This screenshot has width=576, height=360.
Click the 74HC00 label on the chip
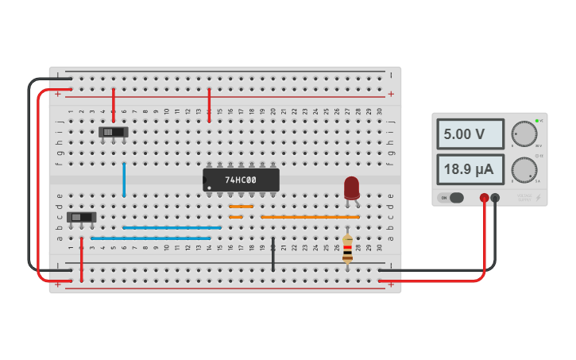click(x=241, y=180)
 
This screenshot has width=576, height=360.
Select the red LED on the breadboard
click(x=351, y=188)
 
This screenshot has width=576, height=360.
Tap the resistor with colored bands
click(x=347, y=249)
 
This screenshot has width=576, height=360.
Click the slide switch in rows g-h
click(x=113, y=132)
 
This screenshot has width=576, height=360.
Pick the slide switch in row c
click(x=81, y=217)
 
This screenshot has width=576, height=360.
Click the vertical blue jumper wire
click(x=124, y=179)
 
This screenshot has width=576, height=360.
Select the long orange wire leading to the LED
click(x=310, y=217)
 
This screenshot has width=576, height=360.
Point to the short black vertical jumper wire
click(x=273, y=254)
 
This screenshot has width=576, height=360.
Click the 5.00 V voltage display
click(x=470, y=134)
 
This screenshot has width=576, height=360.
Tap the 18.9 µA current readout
click(x=470, y=169)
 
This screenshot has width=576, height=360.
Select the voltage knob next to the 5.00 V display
click(x=524, y=134)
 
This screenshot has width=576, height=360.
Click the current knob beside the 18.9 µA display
click(x=524, y=169)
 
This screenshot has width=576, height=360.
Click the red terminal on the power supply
click(x=484, y=198)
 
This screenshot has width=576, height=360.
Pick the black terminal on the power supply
click(x=495, y=198)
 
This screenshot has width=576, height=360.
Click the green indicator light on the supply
click(x=537, y=121)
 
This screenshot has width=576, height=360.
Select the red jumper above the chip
click(x=209, y=104)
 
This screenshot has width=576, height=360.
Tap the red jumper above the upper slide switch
click(x=114, y=104)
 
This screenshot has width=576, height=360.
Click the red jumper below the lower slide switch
click(x=81, y=258)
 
